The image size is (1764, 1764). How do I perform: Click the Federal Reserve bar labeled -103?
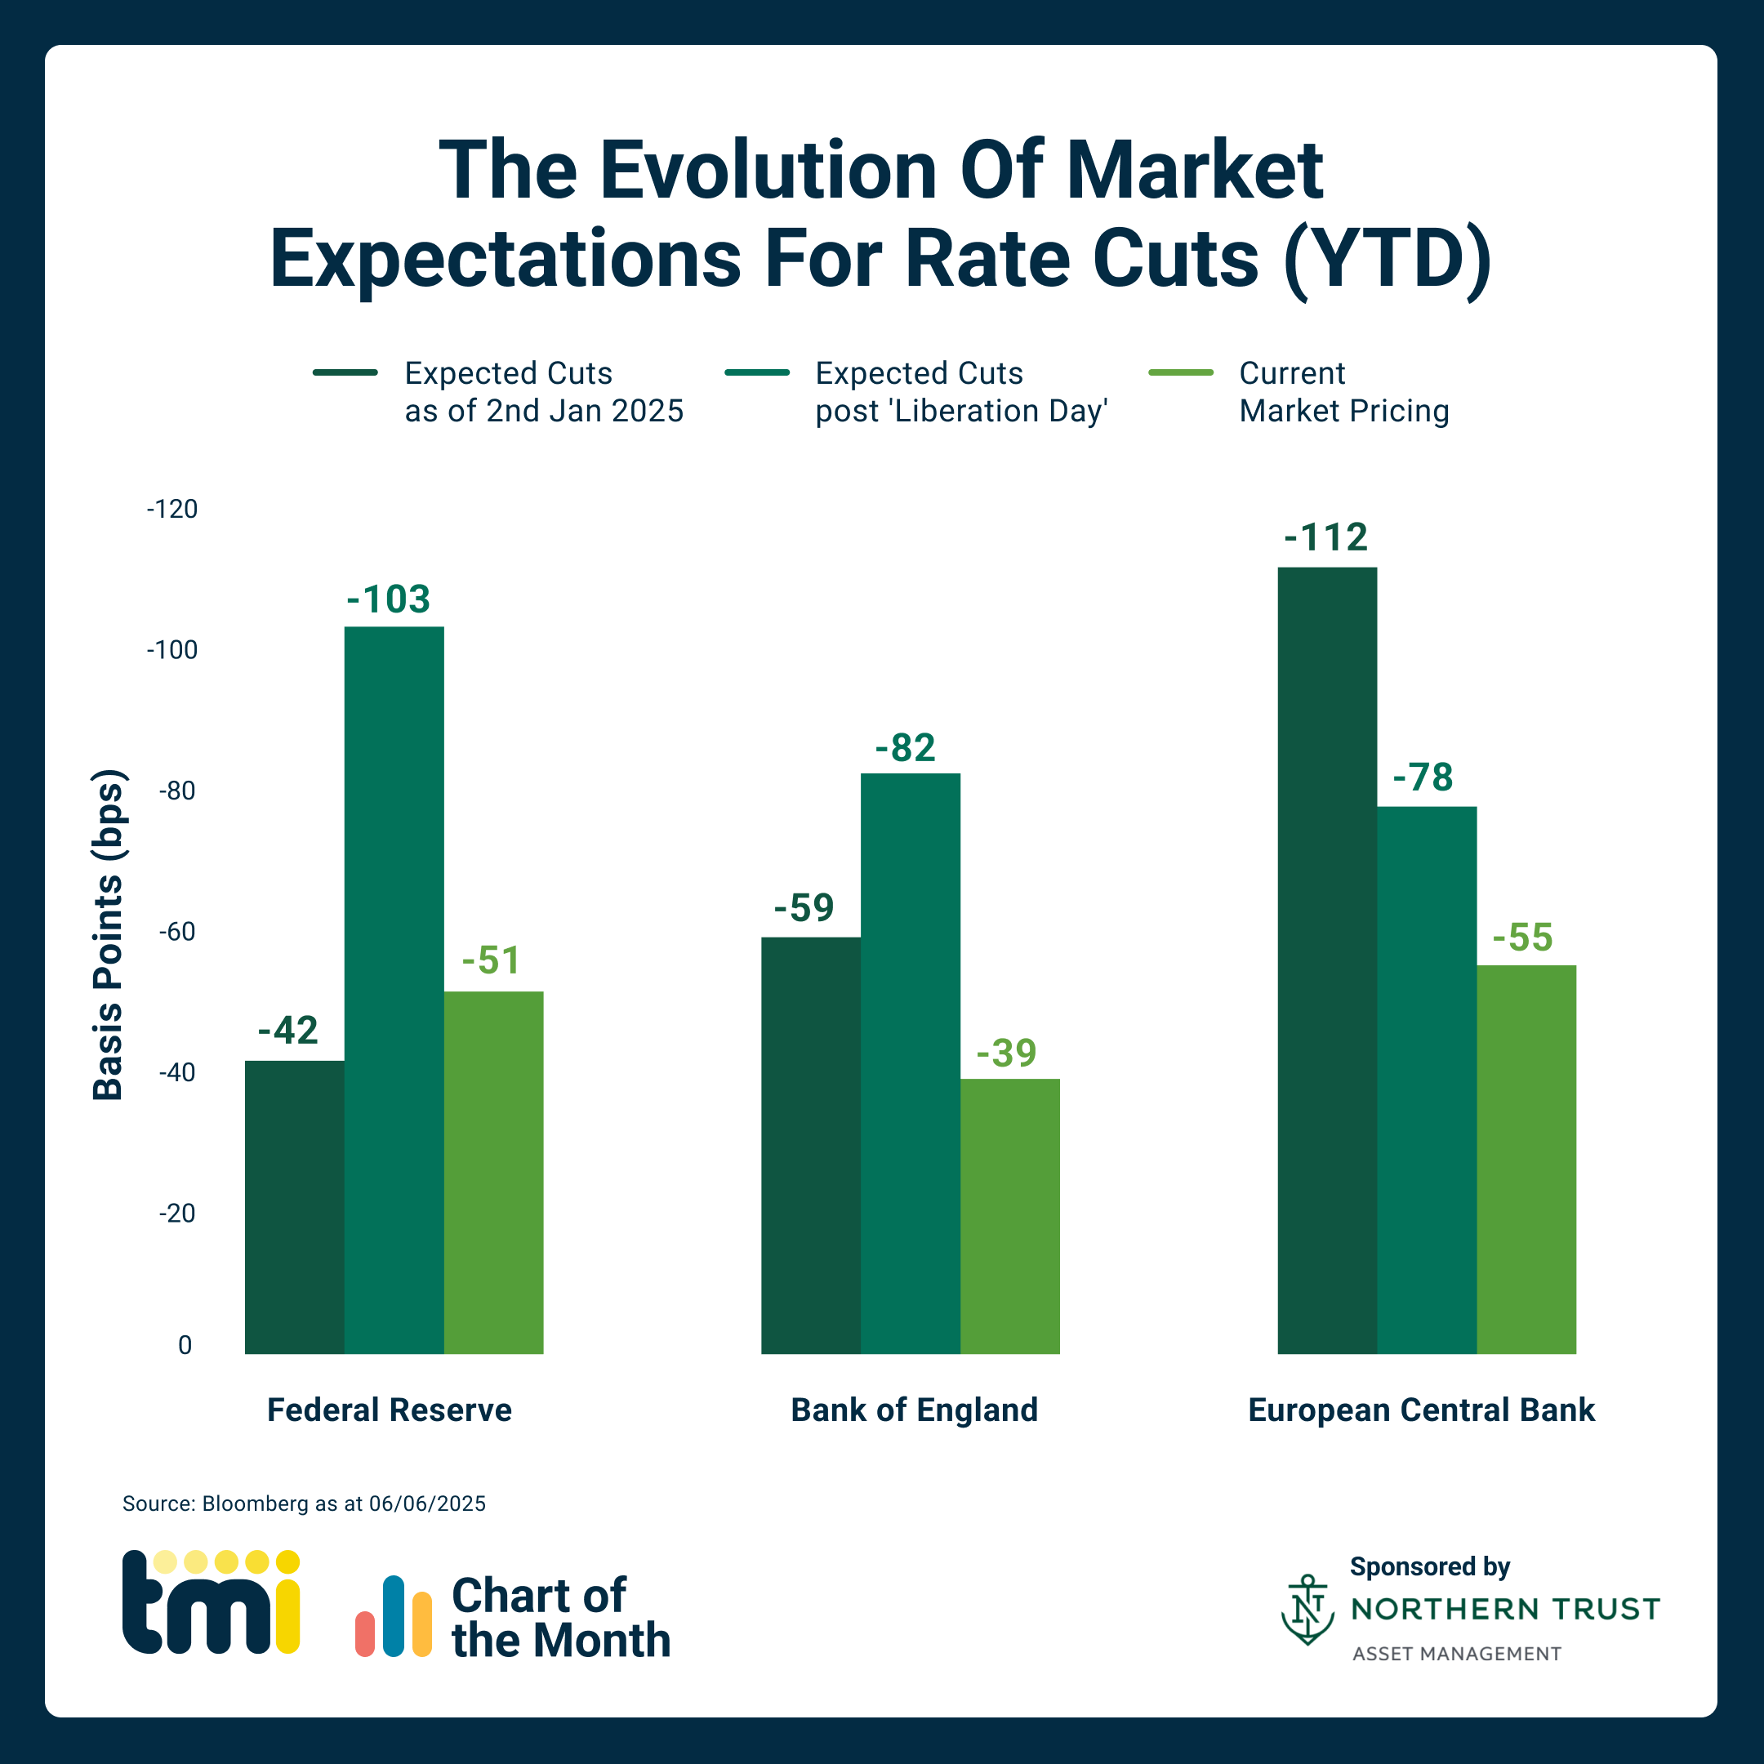394,990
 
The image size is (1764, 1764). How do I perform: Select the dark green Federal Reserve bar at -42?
294,1206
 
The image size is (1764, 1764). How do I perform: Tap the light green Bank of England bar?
1010,1215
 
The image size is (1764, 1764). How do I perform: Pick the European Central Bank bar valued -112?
1326,960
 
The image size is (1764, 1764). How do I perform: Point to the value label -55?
1522,938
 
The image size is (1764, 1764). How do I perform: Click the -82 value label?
905,748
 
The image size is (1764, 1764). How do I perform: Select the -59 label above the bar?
804,907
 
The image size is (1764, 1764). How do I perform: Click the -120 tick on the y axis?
171,509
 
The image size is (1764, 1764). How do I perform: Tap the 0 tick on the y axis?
185,1345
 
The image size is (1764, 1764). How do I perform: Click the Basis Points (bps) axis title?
108,935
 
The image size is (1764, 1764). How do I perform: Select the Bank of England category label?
914,1410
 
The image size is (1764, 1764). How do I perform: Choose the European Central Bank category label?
1421,1410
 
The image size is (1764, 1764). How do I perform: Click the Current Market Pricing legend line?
1181,372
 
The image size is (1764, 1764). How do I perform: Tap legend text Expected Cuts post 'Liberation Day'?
960,392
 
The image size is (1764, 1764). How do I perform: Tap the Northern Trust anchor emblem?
1307,1609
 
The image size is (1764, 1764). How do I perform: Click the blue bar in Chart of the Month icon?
394,1615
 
